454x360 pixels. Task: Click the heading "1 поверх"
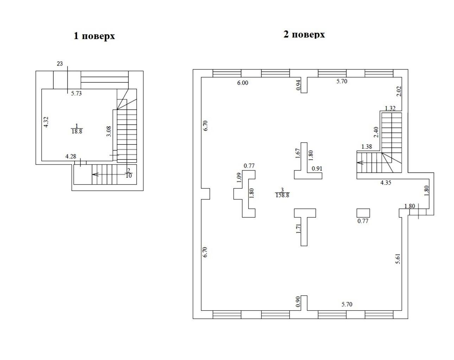[x=94, y=36]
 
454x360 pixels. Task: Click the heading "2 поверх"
[x=304, y=35]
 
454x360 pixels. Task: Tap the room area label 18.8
[x=77, y=131]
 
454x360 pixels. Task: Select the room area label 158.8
[x=282, y=195]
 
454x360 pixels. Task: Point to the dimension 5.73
[x=76, y=93]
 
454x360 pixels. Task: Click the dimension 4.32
[x=46, y=122]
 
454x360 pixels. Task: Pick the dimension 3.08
[x=109, y=131]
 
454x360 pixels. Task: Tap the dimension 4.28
[x=71, y=156]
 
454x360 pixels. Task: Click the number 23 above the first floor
[x=60, y=63]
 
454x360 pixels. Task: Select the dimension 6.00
[x=242, y=83]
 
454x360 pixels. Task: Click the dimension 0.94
[x=298, y=85]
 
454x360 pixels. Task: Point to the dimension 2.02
[x=399, y=91]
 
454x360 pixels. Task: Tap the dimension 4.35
[x=386, y=182]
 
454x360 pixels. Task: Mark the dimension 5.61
[x=398, y=259]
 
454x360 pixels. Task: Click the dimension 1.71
[x=298, y=229]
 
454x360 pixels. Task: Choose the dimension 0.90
[x=298, y=302]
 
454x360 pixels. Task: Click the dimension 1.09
[x=239, y=178]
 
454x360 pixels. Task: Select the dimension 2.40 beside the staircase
[x=376, y=132]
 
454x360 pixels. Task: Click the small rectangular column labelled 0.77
[x=363, y=213]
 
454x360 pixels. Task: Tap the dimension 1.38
[x=367, y=147]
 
